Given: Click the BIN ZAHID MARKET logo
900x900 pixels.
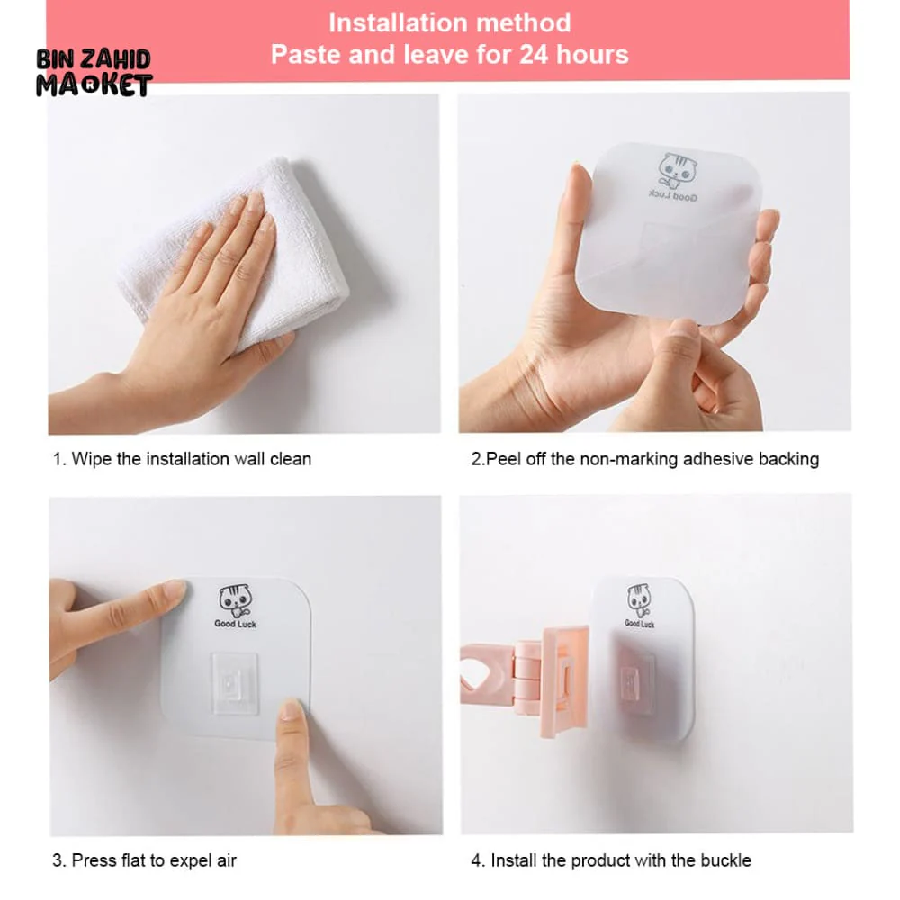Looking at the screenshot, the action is click(94, 72).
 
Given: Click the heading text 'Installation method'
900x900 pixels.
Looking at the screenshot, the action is click(449, 23).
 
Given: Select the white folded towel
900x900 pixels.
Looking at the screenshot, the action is click(241, 253).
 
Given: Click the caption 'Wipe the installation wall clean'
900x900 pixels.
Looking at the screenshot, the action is click(191, 459).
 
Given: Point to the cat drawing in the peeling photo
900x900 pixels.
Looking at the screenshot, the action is click(678, 170).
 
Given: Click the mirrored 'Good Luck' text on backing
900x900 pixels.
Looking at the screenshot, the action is click(672, 196).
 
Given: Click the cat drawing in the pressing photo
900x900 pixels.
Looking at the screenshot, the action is click(235, 599).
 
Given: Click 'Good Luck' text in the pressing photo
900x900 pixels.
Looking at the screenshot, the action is click(235, 624).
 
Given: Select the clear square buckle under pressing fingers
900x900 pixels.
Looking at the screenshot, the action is click(234, 684).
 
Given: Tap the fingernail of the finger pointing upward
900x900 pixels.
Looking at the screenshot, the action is click(291, 709).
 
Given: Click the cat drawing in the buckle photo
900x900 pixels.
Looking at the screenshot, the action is click(639, 600).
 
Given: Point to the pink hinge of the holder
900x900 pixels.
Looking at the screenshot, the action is click(526, 678).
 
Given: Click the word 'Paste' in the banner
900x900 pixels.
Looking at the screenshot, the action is click(306, 55).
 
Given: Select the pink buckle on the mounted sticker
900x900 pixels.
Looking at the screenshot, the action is click(636, 683).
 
